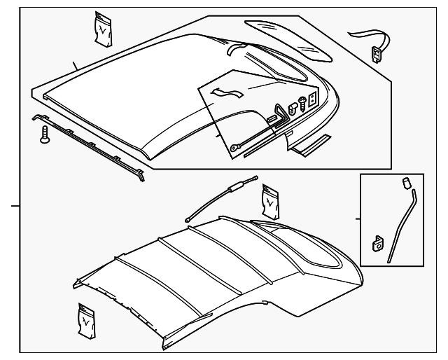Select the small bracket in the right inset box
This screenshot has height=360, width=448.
coord(377,243)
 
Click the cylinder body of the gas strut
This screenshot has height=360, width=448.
coord(236,186)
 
